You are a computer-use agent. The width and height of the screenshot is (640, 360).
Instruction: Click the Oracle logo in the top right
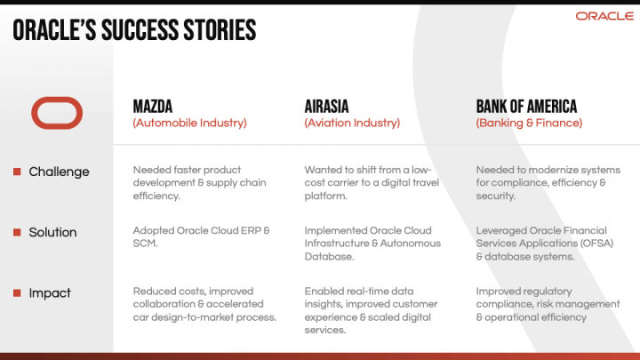(x=604, y=16)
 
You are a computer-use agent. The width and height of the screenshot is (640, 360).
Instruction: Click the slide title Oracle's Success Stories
(x=134, y=31)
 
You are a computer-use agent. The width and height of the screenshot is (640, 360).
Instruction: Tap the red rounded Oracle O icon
(x=57, y=113)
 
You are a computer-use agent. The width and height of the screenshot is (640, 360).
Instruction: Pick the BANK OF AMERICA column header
(x=526, y=107)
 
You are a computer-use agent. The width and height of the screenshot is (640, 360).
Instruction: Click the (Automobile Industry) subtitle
(x=189, y=124)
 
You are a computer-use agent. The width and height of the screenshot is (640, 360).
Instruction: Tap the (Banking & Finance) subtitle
(x=529, y=124)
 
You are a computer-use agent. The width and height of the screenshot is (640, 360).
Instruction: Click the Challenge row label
(x=59, y=172)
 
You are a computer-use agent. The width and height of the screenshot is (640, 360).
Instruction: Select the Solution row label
(x=52, y=232)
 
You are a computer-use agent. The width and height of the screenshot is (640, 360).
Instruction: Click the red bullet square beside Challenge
(x=17, y=172)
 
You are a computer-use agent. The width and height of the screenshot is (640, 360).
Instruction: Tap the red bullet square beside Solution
(x=17, y=232)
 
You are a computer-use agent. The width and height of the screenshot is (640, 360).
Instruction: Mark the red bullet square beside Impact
(x=17, y=292)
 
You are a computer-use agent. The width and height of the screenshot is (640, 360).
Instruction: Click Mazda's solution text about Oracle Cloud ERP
(x=201, y=236)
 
